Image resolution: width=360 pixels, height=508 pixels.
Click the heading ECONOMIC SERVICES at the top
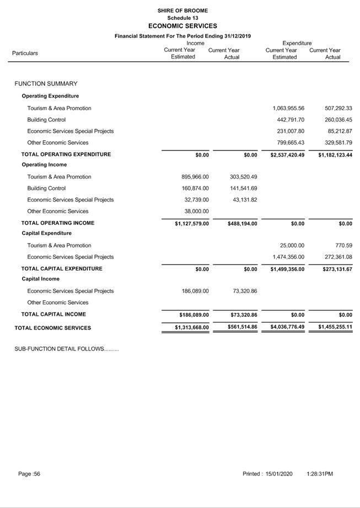(182, 26)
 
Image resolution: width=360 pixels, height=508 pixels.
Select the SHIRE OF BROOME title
(182, 10)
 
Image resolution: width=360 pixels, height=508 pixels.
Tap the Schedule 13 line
(182, 18)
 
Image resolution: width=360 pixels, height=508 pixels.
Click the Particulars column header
(25, 53)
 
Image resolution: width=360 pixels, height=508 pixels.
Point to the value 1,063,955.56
(288, 109)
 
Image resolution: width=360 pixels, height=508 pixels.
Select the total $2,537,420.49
(287, 155)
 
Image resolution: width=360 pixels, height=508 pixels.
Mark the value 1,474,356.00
(288, 257)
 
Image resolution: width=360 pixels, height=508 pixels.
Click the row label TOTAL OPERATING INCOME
(58, 223)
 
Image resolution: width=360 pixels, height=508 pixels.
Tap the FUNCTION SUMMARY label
(46, 84)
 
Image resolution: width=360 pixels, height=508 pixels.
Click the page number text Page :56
(29, 474)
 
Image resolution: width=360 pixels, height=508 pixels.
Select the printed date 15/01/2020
(279, 474)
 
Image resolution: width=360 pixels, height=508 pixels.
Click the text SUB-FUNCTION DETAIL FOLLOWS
(66, 349)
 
